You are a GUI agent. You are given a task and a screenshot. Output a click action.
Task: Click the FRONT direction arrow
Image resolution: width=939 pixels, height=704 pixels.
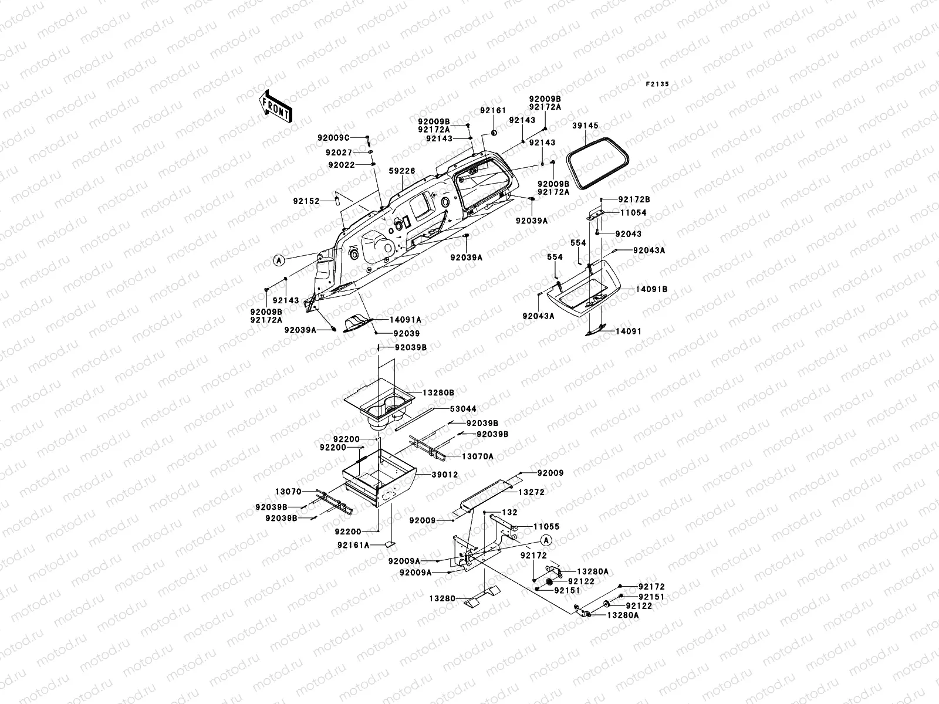(x=276, y=106)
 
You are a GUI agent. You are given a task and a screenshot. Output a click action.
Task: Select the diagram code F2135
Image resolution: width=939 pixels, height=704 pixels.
(x=657, y=84)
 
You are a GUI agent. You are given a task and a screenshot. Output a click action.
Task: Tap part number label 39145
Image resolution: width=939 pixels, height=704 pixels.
(x=585, y=126)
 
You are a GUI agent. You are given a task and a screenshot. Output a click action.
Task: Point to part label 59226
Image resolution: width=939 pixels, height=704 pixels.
(x=401, y=171)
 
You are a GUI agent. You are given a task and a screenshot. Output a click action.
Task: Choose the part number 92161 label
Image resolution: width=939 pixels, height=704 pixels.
(x=493, y=110)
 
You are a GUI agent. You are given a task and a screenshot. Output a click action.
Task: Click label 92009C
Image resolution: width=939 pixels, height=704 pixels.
(x=333, y=138)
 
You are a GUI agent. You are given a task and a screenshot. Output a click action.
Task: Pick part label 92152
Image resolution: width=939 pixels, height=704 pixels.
(x=306, y=201)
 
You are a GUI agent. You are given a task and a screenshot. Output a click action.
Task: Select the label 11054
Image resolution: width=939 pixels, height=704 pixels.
(x=633, y=212)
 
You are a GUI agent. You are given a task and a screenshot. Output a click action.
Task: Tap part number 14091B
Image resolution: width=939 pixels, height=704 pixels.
(x=651, y=289)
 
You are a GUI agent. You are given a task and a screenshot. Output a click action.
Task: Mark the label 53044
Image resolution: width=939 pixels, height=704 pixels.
(x=463, y=409)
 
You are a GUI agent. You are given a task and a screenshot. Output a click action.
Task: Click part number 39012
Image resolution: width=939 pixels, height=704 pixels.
(x=444, y=475)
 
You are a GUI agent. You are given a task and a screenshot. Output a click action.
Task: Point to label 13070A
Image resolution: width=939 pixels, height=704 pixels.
(x=477, y=456)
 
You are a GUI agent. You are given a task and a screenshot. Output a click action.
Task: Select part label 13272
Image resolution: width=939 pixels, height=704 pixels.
(x=531, y=492)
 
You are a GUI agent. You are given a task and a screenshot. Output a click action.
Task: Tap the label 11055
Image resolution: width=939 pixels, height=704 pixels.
(x=546, y=527)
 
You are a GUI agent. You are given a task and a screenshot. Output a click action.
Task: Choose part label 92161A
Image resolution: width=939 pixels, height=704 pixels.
(x=353, y=545)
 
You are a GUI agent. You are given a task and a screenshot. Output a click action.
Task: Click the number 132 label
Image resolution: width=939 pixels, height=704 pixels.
(x=509, y=512)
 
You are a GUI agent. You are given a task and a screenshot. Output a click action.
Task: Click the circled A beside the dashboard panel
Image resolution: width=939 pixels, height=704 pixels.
(x=279, y=260)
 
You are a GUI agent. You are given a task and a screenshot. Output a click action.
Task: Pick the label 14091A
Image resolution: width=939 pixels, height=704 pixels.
(x=405, y=320)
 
